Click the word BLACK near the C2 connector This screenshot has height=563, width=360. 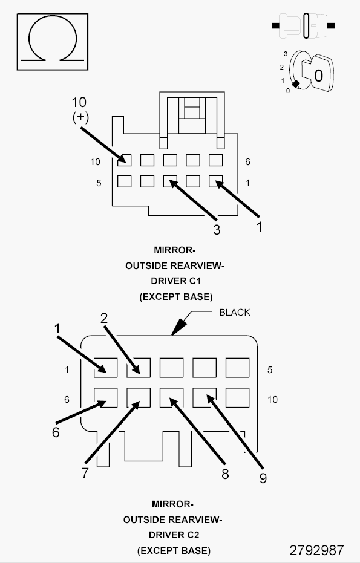[x=234, y=313]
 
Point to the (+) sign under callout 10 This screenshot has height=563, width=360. [x=80, y=117]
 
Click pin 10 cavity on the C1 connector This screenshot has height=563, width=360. [x=124, y=160]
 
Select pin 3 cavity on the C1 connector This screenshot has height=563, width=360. [x=170, y=181]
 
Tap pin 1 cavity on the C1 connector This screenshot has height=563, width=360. [x=216, y=181]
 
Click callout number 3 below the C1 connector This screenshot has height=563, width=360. [x=216, y=230]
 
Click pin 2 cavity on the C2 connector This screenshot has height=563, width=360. [x=139, y=367]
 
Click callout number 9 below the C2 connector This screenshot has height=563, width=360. [x=263, y=478]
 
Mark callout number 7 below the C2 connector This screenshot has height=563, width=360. [x=85, y=473]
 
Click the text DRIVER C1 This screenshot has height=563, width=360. [x=175, y=281]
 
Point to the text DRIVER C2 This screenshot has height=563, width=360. [x=173, y=535]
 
